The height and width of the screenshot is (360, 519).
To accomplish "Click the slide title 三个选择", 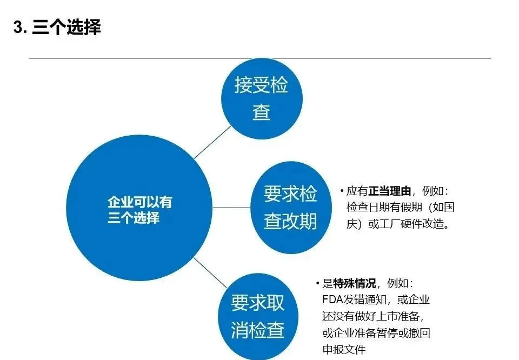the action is pyautogui.click(x=66, y=28).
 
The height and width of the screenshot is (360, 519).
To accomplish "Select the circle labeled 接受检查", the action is pyautogui.click(x=262, y=98).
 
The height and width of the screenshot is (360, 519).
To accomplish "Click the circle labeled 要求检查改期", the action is pyautogui.click(x=291, y=208).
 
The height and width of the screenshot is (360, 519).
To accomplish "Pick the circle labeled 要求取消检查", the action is pyautogui.click(x=258, y=316).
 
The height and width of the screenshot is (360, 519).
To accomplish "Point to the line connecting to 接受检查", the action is pyautogui.click(x=212, y=142).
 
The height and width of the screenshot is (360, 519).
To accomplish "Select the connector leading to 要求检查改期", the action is pyautogui.click(x=231, y=207).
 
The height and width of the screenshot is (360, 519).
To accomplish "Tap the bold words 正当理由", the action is pyautogui.click(x=390, y=191).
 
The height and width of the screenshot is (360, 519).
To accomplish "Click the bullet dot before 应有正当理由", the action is pyautogui.click(x=342, y=191).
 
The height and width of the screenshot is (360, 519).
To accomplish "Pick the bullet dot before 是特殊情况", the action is pyautogui.click(x=318, y=284).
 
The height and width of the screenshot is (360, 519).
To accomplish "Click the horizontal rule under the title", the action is pyautogui.click(x=259, y=58).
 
